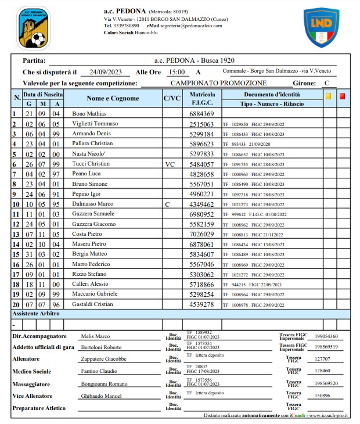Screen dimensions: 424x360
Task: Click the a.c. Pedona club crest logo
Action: pos(33,27)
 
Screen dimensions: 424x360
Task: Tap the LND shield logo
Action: pos(321,27)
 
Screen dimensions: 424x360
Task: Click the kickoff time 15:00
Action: pos(176,72)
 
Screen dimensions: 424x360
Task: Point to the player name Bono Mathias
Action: pos(89,114)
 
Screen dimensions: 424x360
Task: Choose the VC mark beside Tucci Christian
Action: pos(170,164)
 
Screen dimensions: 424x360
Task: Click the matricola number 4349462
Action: pos(202,204)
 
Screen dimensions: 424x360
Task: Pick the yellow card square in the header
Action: pos(329,97)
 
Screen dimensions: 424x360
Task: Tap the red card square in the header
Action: pos(343,97)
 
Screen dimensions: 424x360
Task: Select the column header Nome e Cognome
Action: pos(113,98)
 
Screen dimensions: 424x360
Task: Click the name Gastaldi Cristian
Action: pos(93,304)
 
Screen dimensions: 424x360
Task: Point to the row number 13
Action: pos(16,234)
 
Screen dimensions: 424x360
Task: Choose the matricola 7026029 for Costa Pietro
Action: pos(202,234)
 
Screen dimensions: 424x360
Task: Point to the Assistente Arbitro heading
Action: pos(37,314)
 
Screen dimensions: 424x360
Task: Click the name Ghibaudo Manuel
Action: pos(101,396)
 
